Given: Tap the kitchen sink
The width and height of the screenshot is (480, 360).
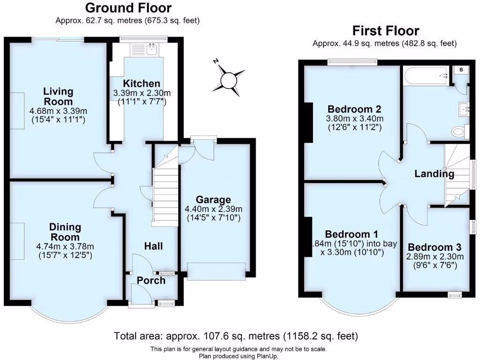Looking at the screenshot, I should pos(151,48).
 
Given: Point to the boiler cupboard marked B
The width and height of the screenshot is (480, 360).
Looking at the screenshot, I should pos(461,70).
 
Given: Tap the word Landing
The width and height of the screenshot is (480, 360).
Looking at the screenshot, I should pos(434,174).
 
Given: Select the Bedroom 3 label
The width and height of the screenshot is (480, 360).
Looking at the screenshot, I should pos(434,247).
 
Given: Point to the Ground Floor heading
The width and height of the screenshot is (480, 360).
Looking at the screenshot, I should pos(128,8).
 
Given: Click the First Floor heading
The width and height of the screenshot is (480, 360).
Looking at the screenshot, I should pos(385,31).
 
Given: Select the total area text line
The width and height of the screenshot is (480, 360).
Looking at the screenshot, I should pos(236,336).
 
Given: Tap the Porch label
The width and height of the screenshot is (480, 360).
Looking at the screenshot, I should pos(151,280).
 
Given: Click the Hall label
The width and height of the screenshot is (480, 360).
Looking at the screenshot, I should pos(153,246).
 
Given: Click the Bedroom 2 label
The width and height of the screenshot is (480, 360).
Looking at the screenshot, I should pos(355,109).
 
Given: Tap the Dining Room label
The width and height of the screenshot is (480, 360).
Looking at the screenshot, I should pos(65,232).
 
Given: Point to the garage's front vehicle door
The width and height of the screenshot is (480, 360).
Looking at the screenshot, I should pos(216,271).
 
